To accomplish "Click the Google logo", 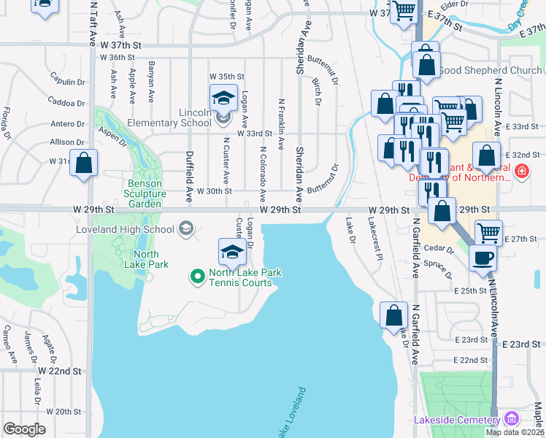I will (24, 429).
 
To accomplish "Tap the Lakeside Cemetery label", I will (455, 420).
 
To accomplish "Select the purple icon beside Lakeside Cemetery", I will (510, 419).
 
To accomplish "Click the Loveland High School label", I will (125, 229).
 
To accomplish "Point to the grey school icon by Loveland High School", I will (186, 229).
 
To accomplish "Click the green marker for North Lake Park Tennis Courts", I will (196, 276).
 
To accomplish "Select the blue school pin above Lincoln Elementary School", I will (223, 99).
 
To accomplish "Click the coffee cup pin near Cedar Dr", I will (481, 258).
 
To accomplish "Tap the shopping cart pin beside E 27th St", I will (488, 233).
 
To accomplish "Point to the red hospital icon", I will (522, 172).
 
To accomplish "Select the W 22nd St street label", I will (58, 371).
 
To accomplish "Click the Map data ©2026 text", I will (515, 432).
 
